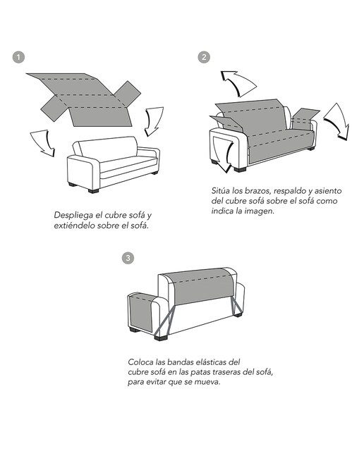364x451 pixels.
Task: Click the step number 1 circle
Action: (18, 57)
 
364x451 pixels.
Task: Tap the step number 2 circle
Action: (204, 57)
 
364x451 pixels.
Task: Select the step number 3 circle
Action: (128, 258)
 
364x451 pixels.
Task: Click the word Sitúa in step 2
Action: (220, 191)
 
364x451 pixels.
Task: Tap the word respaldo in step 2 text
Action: (289, 191)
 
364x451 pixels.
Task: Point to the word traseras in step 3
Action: (226, 372)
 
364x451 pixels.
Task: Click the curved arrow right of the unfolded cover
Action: (152, 121)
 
